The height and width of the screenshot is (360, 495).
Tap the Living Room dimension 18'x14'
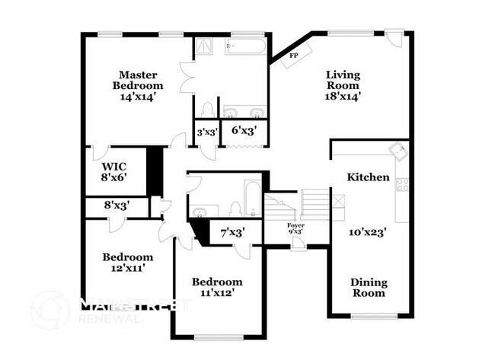point(342,96)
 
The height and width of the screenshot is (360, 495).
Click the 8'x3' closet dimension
point(117,205)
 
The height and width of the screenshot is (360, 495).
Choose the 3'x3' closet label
point(207,131)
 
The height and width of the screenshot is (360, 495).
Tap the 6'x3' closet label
point(244,131)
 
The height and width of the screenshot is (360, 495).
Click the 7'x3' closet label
point(232,233)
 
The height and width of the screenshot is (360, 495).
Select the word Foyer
point(295,225)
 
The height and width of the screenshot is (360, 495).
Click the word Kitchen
point(369,177)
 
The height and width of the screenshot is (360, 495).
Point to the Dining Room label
point(368,287)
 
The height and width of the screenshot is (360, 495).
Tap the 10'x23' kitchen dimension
point(368,233)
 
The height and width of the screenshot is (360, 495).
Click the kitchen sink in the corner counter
point(396,150)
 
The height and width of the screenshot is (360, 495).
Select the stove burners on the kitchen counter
point(401,184)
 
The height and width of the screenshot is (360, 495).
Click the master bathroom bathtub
point(244,46)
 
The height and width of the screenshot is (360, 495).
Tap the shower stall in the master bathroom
point(204,46)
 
